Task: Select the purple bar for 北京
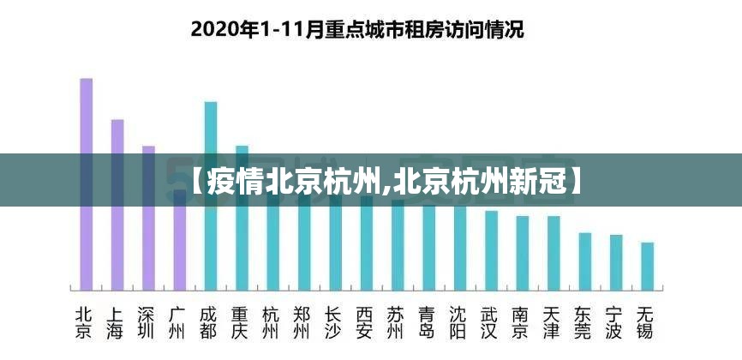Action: (86, 184)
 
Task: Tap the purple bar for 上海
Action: (117, 206)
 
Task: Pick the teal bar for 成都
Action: (210, 197)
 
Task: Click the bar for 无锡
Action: (647, 267)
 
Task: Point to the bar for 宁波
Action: (616, 263)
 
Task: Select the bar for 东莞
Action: (584, 262)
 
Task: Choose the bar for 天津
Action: (554, 254)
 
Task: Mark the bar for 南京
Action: (522, 254)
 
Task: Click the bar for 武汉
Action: (491, 251)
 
